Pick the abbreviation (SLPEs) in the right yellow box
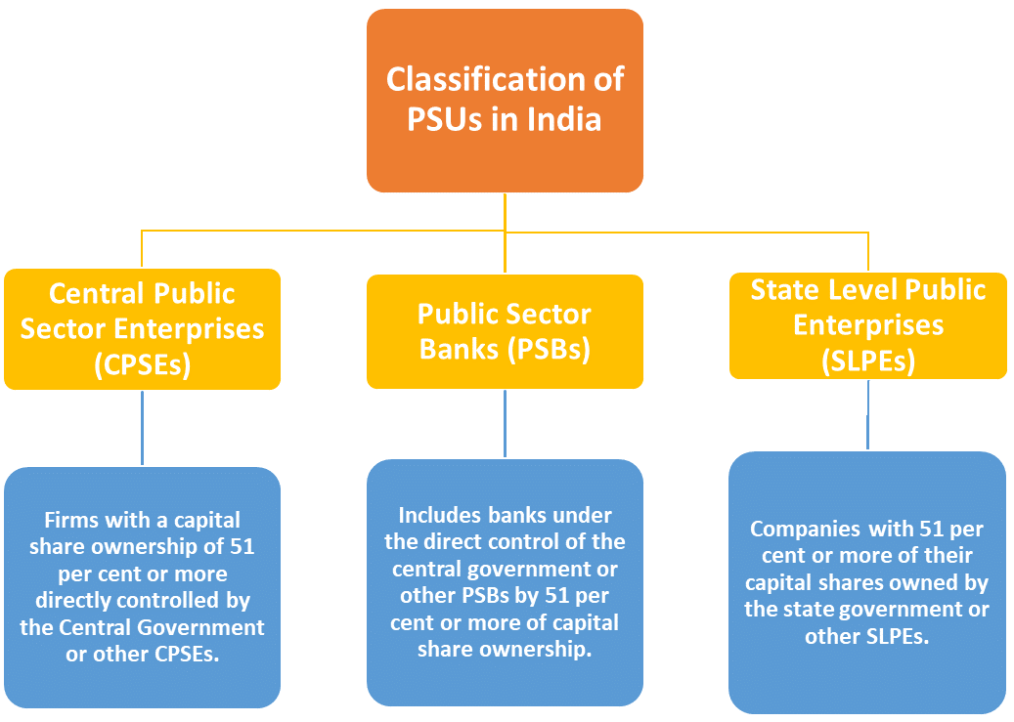[x=868, y=361]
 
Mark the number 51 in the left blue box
[x=242, y=547]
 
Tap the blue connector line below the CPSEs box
[x=142, y=428]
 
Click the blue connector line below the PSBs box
[x=506, y=424]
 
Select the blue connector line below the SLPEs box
[x=868, y=415]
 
